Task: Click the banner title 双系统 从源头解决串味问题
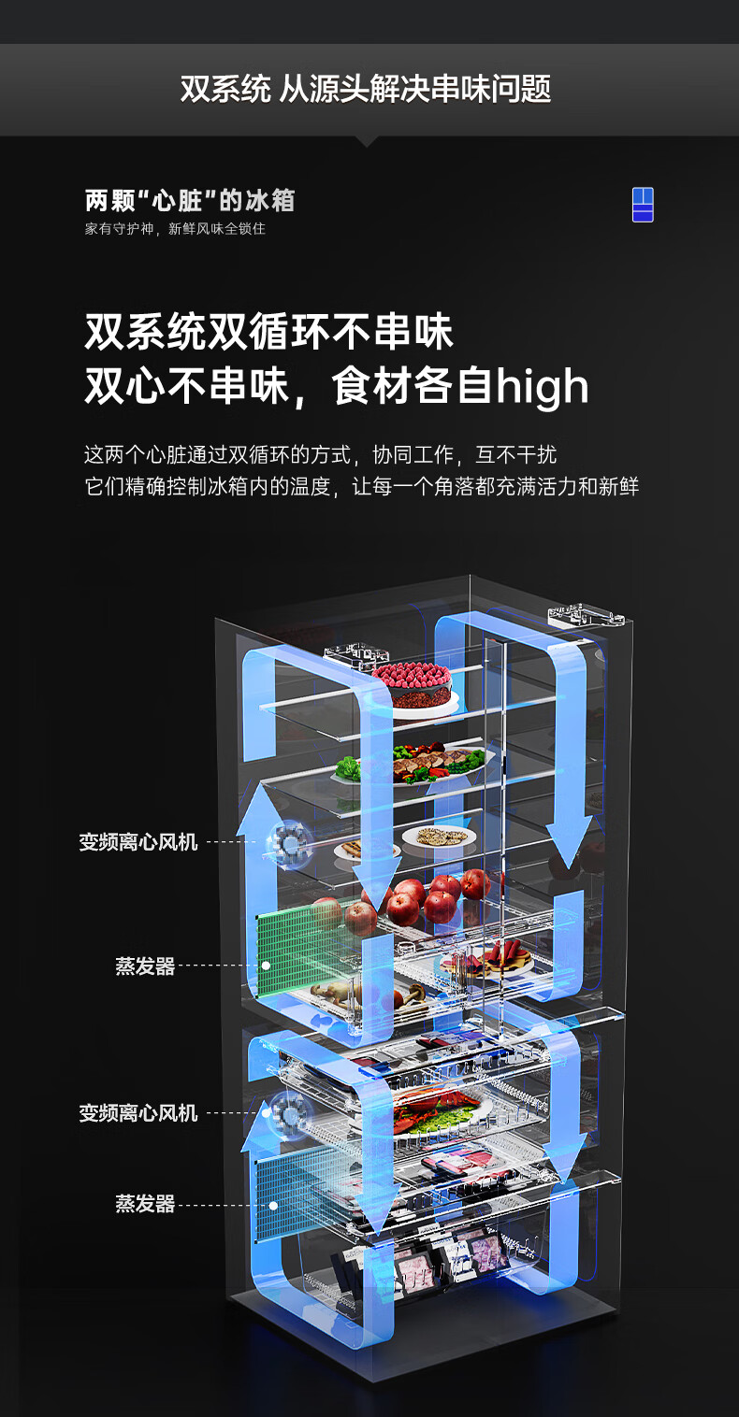tap(366, 90)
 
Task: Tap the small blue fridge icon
tap(643, 205)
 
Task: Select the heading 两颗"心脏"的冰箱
tap(190, 200)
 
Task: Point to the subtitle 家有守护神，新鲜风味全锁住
tap(175, 229)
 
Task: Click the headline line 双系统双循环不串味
tap(268, 333)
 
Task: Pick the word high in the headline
tap(543, 387)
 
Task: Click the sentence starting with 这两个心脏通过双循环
tap(320, 455)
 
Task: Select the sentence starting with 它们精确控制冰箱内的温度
tap(361, 487)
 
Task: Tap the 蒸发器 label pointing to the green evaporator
tap(145, 966)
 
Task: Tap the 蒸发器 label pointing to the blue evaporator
tap(145, 1204)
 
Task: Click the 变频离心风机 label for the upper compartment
tap(138, 842)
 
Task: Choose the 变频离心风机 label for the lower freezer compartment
tap(138, 1113)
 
